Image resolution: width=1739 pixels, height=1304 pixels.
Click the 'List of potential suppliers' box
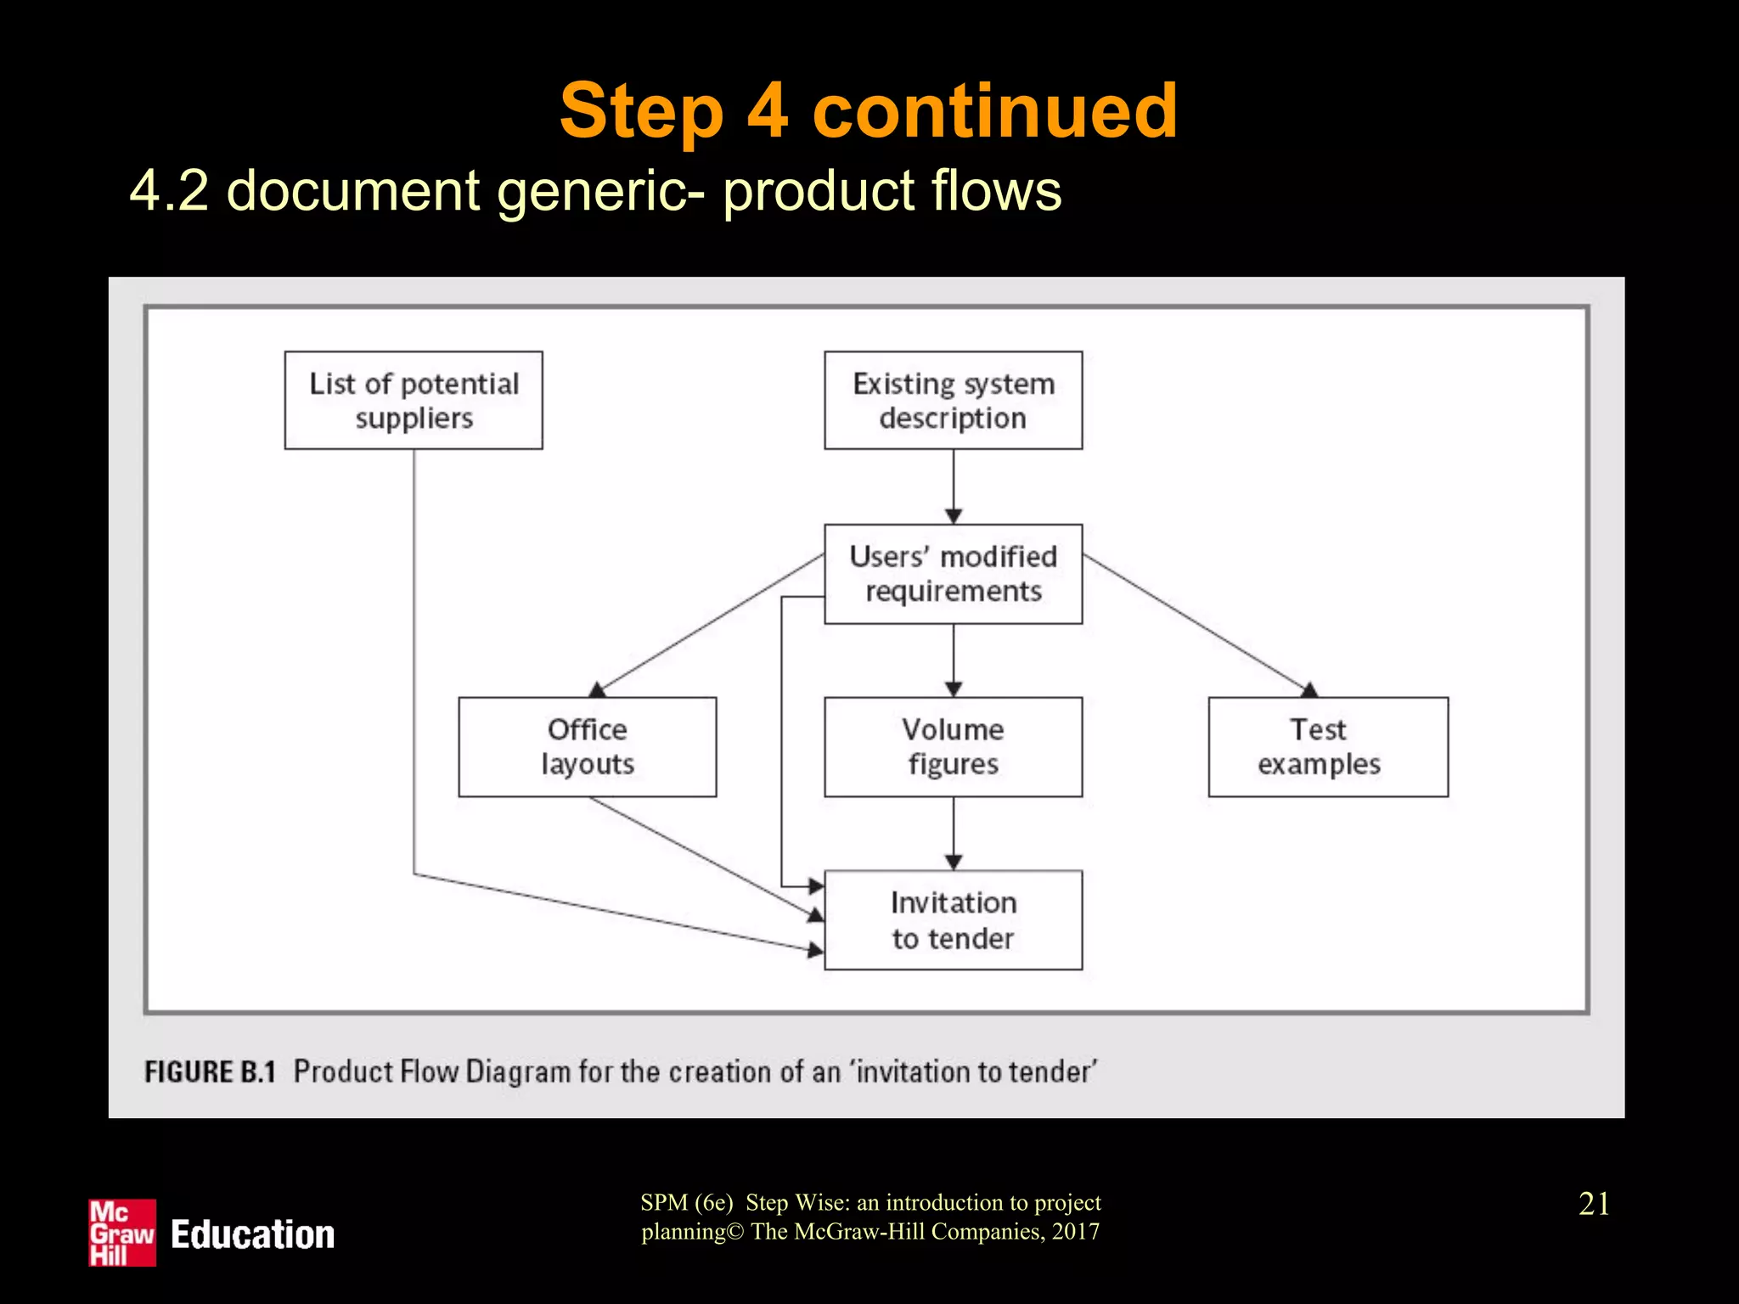click(x=414, y=400)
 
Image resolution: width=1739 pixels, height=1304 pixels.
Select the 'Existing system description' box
click(x=953, y=400)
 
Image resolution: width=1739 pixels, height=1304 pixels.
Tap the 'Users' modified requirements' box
click(x=953, y=574)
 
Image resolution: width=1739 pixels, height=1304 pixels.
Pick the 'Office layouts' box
click(x=587, y=747)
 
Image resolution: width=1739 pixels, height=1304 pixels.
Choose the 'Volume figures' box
click(x=953, y=747)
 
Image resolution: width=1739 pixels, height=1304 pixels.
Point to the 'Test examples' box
click(x=1328, y=747)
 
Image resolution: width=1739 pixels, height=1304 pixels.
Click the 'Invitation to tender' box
click(x=953, y=920)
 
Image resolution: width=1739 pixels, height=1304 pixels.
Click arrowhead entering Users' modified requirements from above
click(x=954, y=516)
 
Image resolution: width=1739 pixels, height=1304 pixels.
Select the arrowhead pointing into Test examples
click(x=1308, y=690)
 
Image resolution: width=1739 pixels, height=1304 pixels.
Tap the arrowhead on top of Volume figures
click(x=954, y=689)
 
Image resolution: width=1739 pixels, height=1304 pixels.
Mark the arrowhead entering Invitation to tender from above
click(x=954, y=863)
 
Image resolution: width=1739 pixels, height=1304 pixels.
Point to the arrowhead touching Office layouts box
click(x=598, y=689)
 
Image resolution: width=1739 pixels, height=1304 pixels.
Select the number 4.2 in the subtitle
click(x=169, y=190)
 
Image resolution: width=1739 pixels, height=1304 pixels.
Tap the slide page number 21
click(x=1594, y=1204)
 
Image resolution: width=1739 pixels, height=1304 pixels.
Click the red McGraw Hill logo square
click(x=122, y=1233)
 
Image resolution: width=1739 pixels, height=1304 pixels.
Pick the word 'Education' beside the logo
click(x=252, y=1234)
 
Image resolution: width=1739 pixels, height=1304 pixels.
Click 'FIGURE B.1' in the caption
click(x=210, y=1071)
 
